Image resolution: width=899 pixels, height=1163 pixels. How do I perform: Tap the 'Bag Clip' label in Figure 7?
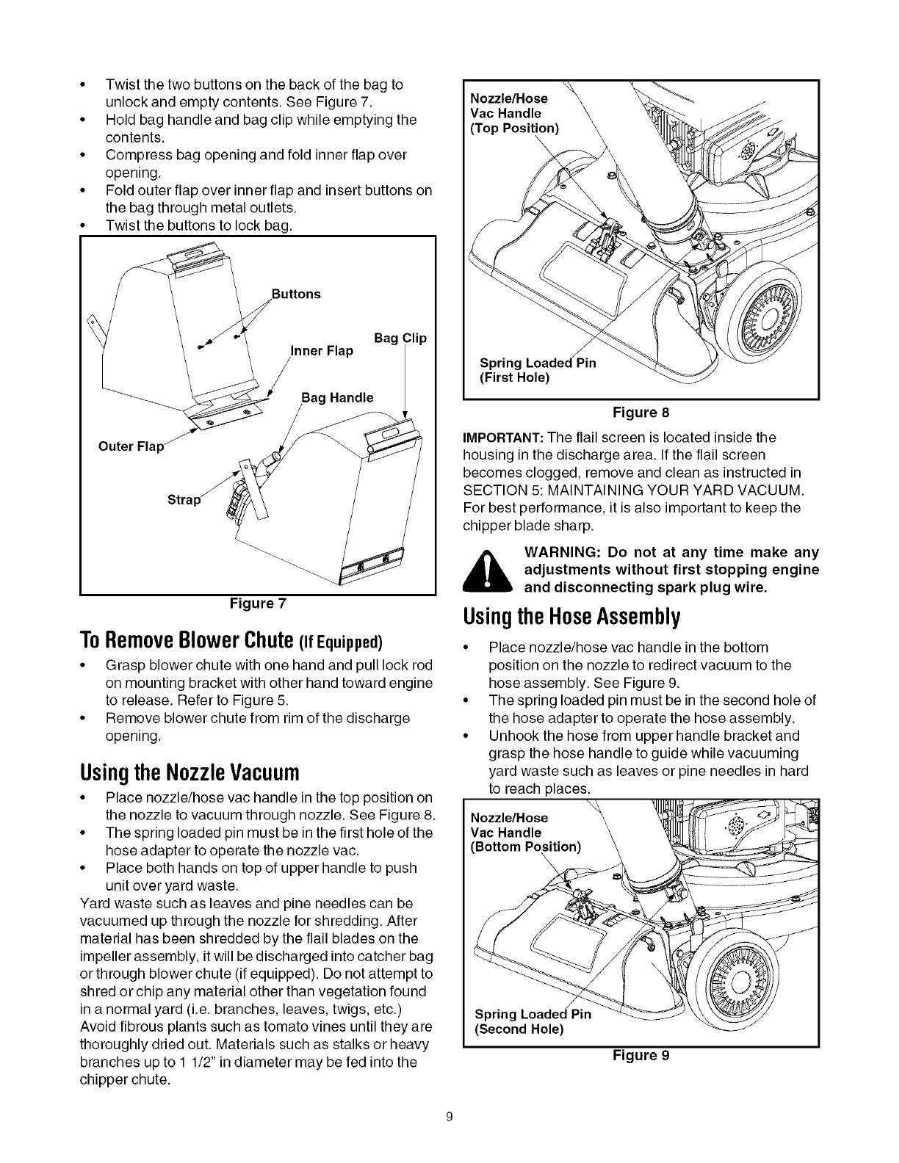[x=400, y=338]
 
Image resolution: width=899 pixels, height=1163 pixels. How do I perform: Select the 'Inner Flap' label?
[x=322, y=351]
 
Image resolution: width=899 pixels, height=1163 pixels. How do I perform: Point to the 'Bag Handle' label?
[x=337, y=398]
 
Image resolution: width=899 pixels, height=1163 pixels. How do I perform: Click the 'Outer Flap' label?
[x=130, y=446]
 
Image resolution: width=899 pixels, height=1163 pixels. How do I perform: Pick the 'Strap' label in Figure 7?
[x=182, y=500]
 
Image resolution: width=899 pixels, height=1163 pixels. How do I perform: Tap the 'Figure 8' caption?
[x=640, y=412]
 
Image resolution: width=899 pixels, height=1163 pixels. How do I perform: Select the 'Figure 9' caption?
[x=640, y=1056]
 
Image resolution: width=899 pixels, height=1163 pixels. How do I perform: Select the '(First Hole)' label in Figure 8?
[x=514, y=378]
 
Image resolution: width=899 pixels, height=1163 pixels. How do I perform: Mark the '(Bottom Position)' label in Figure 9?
[x=525, y=847]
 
